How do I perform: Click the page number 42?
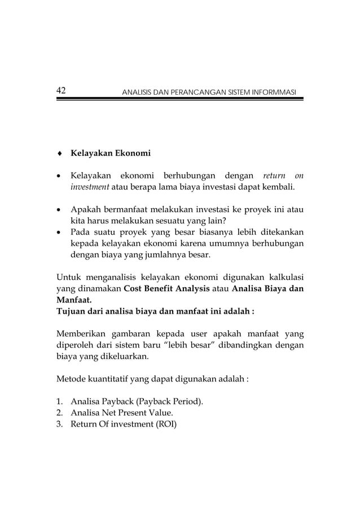coord(62,91)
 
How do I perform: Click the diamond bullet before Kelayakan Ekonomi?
coord(59,153)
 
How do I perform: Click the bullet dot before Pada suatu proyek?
coord(59,232)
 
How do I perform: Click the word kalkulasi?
coord(283,277)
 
